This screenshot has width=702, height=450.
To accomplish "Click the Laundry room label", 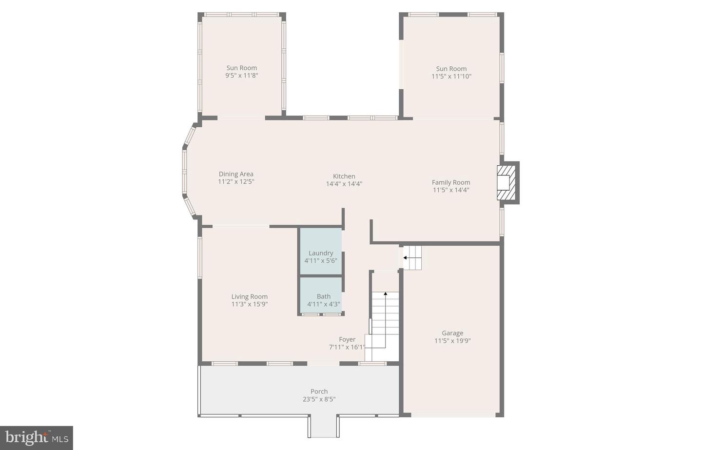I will click(x=321, y=253).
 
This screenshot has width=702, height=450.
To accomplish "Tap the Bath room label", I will click(x=324, y=296).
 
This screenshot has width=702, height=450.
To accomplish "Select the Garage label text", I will click(x=452, y=333).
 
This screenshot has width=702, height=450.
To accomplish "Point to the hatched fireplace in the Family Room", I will click(x=505, y=182).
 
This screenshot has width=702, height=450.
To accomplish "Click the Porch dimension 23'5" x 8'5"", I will click(x=319, y=399).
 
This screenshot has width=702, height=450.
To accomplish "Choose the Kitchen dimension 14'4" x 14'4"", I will click(x=344, y=184).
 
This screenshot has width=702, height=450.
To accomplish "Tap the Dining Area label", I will click(x=236, y=174).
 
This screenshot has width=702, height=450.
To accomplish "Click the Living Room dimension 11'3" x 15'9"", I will click(x=250, y=304).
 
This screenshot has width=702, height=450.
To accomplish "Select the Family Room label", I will click(x=451, y=182).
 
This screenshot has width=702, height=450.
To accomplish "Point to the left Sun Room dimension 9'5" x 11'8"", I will click(x=241, y=76).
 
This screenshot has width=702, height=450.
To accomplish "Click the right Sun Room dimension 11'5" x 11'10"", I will click(x=451, y=77).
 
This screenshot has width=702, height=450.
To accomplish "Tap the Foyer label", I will click(x=347, y=339).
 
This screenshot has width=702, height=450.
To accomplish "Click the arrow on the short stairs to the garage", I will click(x=405, y=257).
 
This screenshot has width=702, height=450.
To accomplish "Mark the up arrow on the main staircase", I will click(x=385, y=293).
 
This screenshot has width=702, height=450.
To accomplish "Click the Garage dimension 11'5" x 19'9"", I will click(x=452, y=341).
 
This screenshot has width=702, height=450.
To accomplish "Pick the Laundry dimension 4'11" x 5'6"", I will click(x=321, y=261).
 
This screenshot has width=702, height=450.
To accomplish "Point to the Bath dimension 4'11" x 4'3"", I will click(x=324, y=304).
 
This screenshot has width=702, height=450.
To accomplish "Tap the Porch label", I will click(x=319, y=391).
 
